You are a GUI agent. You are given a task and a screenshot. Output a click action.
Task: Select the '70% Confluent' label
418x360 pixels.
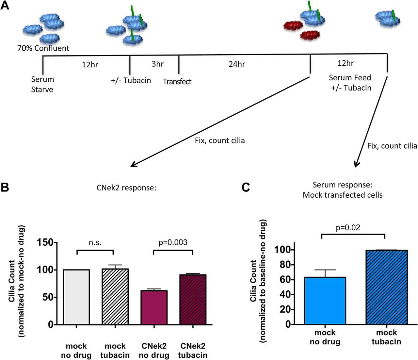coord(43,48)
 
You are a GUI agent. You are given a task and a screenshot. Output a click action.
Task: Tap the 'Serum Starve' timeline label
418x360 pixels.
coord(42,84)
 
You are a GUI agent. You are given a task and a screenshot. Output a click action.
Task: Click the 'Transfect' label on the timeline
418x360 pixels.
coord(177,81)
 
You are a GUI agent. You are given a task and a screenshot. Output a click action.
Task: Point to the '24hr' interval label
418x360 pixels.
coord(237,64)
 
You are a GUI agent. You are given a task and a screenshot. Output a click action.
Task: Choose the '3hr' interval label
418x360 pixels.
coord(157,64)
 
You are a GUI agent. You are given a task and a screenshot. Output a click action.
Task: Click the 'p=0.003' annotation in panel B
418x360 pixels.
coord(173,242)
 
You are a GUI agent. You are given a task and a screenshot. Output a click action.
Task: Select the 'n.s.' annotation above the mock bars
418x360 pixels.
coord(95,242)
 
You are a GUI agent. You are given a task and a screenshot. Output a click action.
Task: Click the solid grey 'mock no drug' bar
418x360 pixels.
coord(76,297)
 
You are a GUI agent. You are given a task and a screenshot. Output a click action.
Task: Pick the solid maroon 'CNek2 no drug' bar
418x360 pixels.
coord(154,307)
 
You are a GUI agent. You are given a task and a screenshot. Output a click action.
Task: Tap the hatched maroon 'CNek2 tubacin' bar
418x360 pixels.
coord(193,300)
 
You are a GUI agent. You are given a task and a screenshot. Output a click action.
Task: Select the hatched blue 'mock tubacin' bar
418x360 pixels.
coord(386,287)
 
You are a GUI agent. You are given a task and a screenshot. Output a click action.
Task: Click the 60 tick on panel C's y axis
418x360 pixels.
coord(285,280)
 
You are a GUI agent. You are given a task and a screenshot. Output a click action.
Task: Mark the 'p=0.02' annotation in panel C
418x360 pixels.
coord(348,228)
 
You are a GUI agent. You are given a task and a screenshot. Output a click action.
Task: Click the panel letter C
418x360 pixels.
coord(246,188)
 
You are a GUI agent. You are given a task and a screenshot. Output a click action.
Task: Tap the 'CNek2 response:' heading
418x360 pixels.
coord(126,188)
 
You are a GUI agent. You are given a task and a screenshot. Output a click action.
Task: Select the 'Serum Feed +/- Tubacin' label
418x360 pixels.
coord(350,83)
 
